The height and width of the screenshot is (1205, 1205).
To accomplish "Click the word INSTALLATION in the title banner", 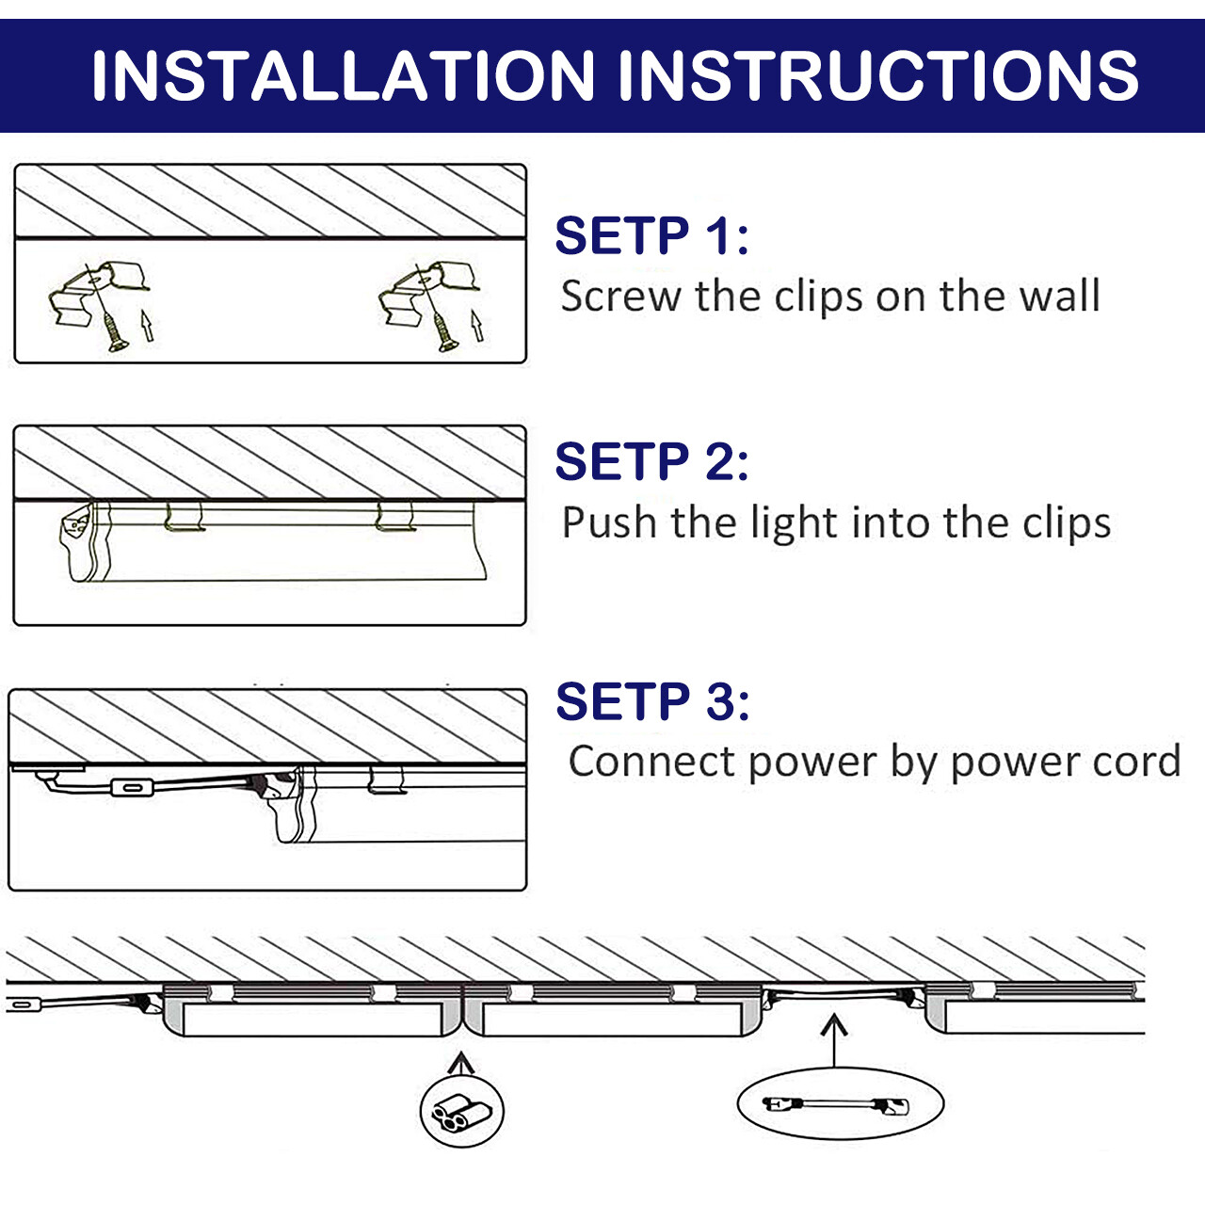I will (x=343, y=76).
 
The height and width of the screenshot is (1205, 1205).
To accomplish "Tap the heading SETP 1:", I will (x=651, y=235).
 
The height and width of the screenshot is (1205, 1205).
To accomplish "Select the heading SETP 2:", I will (x=651, y=461).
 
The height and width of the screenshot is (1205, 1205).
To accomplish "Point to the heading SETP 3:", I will (x=652, y=701).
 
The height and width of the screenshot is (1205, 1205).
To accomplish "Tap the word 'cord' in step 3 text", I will (x=1137, y=762).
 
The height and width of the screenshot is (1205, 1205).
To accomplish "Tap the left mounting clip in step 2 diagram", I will (x=184, y=516).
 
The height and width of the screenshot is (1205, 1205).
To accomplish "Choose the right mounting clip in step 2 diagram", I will (x=394, y=516).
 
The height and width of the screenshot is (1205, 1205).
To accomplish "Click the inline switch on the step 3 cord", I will (x=131, y=788).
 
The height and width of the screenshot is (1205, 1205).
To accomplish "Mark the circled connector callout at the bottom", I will (x=461, y=1112).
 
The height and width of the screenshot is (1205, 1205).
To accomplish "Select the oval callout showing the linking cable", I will (x=839, y=1104).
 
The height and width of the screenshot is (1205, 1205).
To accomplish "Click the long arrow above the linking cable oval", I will (x=833, y=1039).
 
